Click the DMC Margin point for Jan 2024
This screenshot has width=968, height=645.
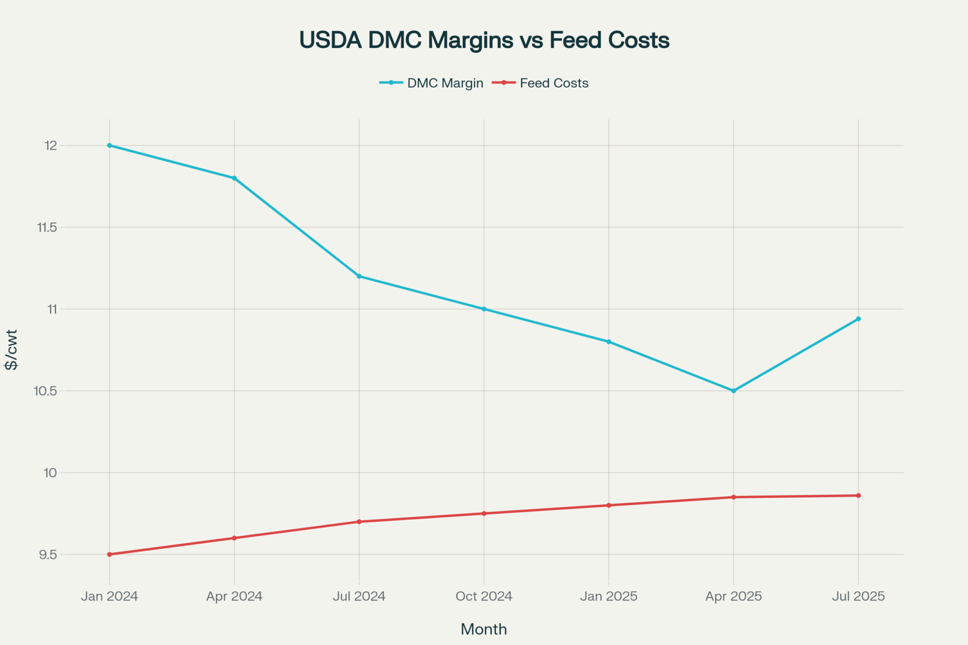click(x=109, y=145)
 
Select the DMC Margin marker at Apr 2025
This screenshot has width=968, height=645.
click(x=734, y=390)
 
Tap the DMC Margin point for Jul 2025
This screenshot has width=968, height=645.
click(x=859, y=319)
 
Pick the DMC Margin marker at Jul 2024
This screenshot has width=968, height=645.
click(x=359, y=276)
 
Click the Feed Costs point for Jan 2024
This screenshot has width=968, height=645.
click(x=109, y=554)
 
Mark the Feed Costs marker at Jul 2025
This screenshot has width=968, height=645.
click(x=859, y=495)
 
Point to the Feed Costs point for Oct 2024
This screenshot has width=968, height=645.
click(x=484, y=513)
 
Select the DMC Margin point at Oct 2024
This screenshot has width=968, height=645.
click(x=484, y=309)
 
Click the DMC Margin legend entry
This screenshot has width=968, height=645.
click(x=431, y=83)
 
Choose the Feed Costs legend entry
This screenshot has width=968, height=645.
click(x=541, y=83)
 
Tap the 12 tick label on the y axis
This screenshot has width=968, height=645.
click(x=51, y=145)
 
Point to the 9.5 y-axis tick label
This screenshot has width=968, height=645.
click(x=48, y=555)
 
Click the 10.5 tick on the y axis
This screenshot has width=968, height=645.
click(x=45, y=391)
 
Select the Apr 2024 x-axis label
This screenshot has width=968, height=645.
click(x=234, y=596)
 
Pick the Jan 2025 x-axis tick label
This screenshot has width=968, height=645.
click(x=609, y=596)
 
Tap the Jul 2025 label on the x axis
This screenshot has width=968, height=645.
click(x=859, y=596)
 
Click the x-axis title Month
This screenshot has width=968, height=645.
click(x=484, y=629)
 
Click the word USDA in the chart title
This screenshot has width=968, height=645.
click(x=331, y=40)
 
